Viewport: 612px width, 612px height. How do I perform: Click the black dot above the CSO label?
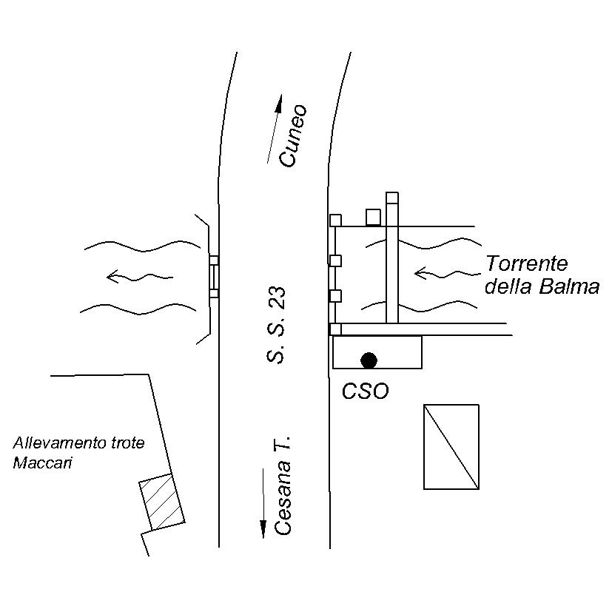(369, 360)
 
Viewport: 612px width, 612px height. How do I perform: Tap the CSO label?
(366, 391)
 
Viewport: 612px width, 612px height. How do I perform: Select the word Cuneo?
(293, 135)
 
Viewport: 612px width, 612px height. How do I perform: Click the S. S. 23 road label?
(276, 326)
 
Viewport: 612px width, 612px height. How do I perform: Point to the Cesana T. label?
(283, 485)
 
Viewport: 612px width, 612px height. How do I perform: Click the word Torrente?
(526, 263)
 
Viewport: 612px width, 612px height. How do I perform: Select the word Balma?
(569, 287)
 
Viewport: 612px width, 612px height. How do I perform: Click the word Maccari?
(42, 463)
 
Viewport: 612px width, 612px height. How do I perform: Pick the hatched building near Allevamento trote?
(162, 502)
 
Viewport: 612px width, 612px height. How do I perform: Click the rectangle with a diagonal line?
(451, 446)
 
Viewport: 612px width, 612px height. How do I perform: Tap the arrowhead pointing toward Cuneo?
(279, 104)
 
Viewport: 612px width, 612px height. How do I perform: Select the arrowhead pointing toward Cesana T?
(263, 529)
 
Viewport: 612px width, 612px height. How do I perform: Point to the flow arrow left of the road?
(140, 276)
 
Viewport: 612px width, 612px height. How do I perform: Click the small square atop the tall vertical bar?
(392, 198)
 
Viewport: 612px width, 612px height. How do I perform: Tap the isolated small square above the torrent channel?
(373, 218)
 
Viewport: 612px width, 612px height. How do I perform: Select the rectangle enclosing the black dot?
(377, 352)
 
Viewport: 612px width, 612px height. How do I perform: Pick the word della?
(508, 287)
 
